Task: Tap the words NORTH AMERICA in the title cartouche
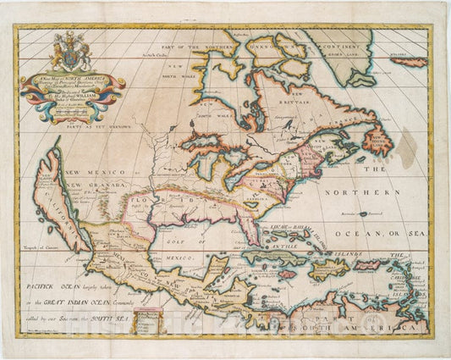85,80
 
